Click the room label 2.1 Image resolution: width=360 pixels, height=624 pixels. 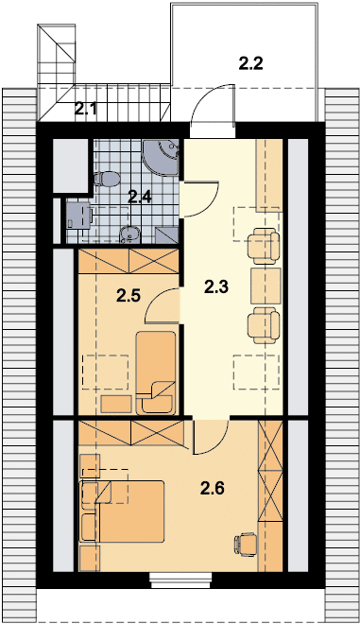86,109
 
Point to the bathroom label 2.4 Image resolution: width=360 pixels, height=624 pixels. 140,197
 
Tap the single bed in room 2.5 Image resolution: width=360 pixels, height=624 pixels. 156,372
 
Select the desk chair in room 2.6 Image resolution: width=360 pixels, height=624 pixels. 245,545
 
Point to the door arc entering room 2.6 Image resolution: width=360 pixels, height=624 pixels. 211,436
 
